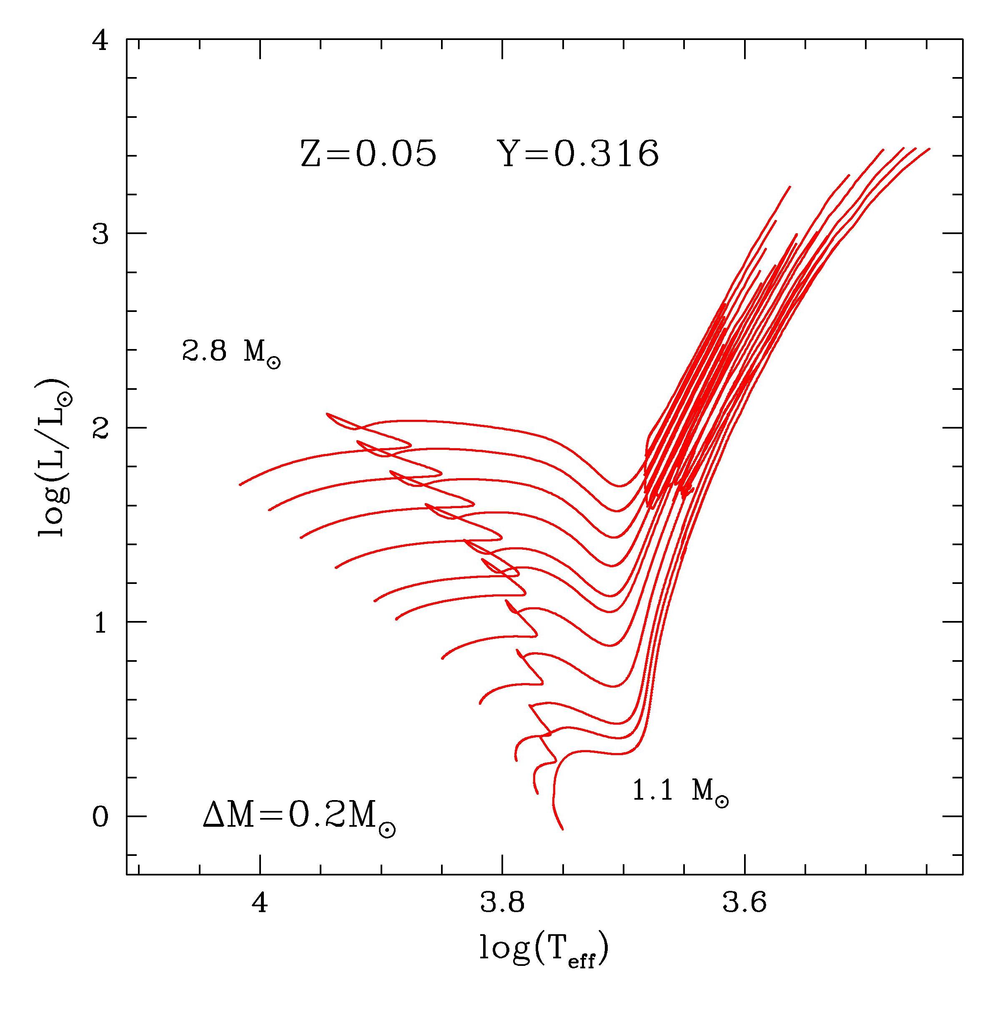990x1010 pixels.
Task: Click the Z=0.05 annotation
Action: pyautogui.click(x=368, y=154)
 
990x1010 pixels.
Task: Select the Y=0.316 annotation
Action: pyautogui.click(x=578, y=154)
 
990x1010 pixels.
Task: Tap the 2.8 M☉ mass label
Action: pyautogui.click(x=231, y=353)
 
